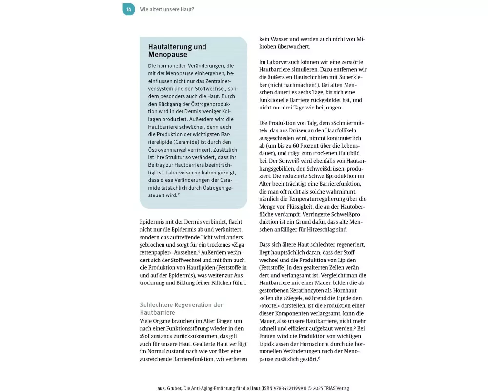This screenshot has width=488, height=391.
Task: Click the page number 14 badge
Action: pyautogui.click(x=128, y=9)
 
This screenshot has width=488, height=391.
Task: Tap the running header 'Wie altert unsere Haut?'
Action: pyautogui.click(x=166, y=9)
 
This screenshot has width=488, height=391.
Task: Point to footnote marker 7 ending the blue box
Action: pyautogui.click(x=179, y=194)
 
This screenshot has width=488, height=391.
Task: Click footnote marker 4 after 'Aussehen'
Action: pyautogui.click(x=199, y=251)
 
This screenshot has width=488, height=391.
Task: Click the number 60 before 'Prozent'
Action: pyautogui.click(x=299, y=146)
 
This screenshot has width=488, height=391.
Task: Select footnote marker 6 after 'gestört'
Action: pyautogui.click(x=319, y=358)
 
